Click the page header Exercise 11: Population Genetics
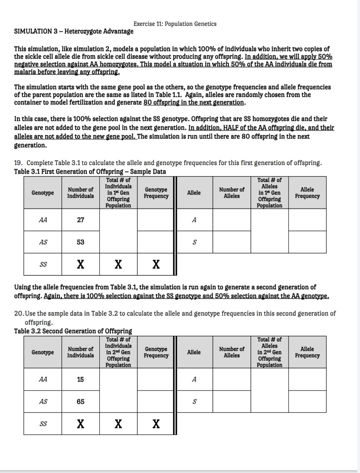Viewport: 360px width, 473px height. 175,24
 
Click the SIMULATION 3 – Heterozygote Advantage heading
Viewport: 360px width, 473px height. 74,31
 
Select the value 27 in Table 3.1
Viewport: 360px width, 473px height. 80,220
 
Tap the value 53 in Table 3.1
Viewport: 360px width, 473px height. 80,242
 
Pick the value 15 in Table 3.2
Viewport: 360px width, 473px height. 80,379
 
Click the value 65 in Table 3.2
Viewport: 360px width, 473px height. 80,402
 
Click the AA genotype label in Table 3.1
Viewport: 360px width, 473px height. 43,220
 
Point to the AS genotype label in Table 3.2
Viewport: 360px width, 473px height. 43,402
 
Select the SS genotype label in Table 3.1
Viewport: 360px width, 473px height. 43,264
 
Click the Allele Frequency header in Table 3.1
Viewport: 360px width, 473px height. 307,193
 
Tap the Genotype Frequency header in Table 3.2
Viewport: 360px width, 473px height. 156,352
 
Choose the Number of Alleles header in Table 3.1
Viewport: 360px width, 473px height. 231,193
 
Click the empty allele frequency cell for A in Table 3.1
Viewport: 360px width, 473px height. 307,220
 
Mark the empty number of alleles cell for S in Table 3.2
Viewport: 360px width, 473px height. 231,402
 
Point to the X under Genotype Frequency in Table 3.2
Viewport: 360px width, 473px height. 156,424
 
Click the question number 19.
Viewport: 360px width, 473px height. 18,163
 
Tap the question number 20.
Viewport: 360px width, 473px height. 19,313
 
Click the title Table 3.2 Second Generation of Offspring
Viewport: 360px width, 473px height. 73,331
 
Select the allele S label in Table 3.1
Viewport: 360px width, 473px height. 194,242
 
